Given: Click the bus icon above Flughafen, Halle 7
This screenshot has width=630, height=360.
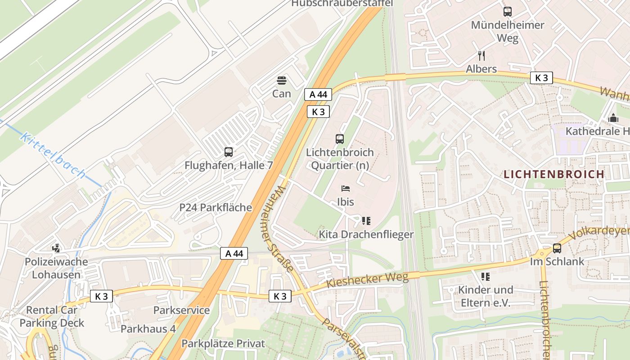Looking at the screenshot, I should click(229, 152).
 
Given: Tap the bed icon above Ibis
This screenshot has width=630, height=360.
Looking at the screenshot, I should click(345, 188).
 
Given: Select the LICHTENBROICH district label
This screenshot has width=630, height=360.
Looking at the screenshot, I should click(553, 174).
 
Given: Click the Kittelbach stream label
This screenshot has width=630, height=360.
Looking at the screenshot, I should click(53, 156).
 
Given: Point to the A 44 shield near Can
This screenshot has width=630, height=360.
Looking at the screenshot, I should click(318, 94).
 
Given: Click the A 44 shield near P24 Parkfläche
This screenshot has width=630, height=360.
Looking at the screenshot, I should click(234, 254).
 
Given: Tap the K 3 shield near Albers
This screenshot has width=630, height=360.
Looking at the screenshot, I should click(541, 78).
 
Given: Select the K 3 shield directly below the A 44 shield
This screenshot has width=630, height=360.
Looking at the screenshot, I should click(318, 112).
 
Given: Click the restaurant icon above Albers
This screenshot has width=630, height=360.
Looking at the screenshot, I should click(481, 56).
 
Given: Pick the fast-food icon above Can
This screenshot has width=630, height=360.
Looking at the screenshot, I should click(282, 81).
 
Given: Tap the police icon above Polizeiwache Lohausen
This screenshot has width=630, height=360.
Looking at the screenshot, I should click(56, 248).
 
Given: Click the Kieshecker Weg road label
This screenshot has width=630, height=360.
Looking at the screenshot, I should click(367, 280).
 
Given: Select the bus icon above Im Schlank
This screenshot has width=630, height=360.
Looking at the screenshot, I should click(557, 248).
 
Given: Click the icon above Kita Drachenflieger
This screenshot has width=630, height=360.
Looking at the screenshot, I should click(366, 221).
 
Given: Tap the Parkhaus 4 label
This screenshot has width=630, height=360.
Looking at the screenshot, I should click(148, 329).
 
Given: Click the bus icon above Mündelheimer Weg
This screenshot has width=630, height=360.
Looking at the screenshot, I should click(508, 12).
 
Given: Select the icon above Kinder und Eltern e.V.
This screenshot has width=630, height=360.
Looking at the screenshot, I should click(485, 276).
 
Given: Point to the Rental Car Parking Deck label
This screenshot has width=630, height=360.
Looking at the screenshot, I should click(52, 316).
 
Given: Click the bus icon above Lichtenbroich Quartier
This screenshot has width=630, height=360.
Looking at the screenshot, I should click(340, 139).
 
